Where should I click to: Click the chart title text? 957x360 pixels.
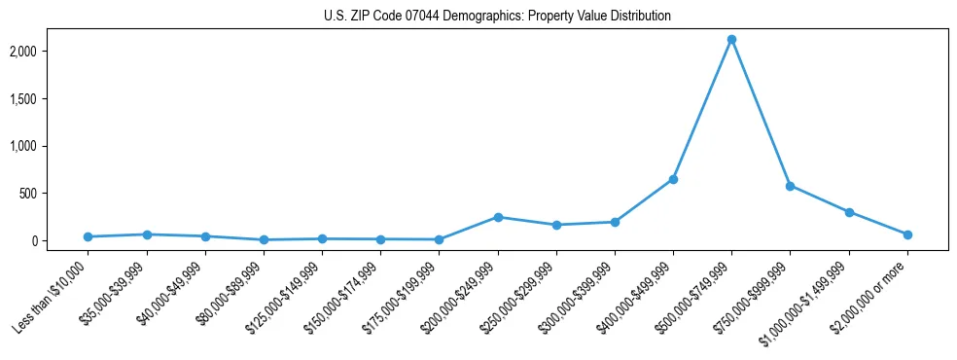497,17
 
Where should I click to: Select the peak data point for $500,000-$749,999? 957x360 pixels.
731,40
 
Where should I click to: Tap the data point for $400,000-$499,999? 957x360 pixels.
673,179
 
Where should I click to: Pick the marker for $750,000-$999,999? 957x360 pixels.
790,186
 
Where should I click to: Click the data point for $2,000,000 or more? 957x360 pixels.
907,234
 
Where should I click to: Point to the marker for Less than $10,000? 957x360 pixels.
88,236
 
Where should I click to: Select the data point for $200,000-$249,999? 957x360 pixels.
498,217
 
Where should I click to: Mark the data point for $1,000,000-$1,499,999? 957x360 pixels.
849,212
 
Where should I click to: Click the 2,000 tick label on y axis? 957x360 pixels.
51,51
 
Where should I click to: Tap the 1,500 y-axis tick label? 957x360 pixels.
51,98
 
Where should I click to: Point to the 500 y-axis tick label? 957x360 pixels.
55,194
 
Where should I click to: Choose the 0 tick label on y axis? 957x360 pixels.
61,240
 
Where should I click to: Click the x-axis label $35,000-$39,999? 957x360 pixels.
115,291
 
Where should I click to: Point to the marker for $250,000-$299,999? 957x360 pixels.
556,225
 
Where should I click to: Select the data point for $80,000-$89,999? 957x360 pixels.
264,239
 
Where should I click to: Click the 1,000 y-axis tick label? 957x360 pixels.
51,146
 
